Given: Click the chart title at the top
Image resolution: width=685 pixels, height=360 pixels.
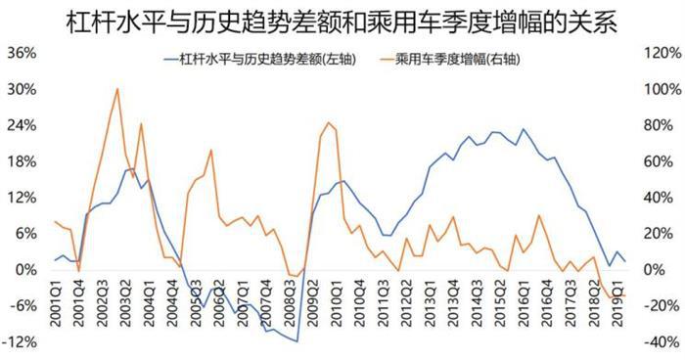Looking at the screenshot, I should click(x=342, y=21).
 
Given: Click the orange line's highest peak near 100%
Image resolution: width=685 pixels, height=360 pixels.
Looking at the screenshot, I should click(x=117, y=89).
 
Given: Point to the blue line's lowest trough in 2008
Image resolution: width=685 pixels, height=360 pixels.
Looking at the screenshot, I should click(x=297, y=341).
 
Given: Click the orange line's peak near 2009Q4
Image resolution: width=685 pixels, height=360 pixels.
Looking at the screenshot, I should click(x=328, y=122).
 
